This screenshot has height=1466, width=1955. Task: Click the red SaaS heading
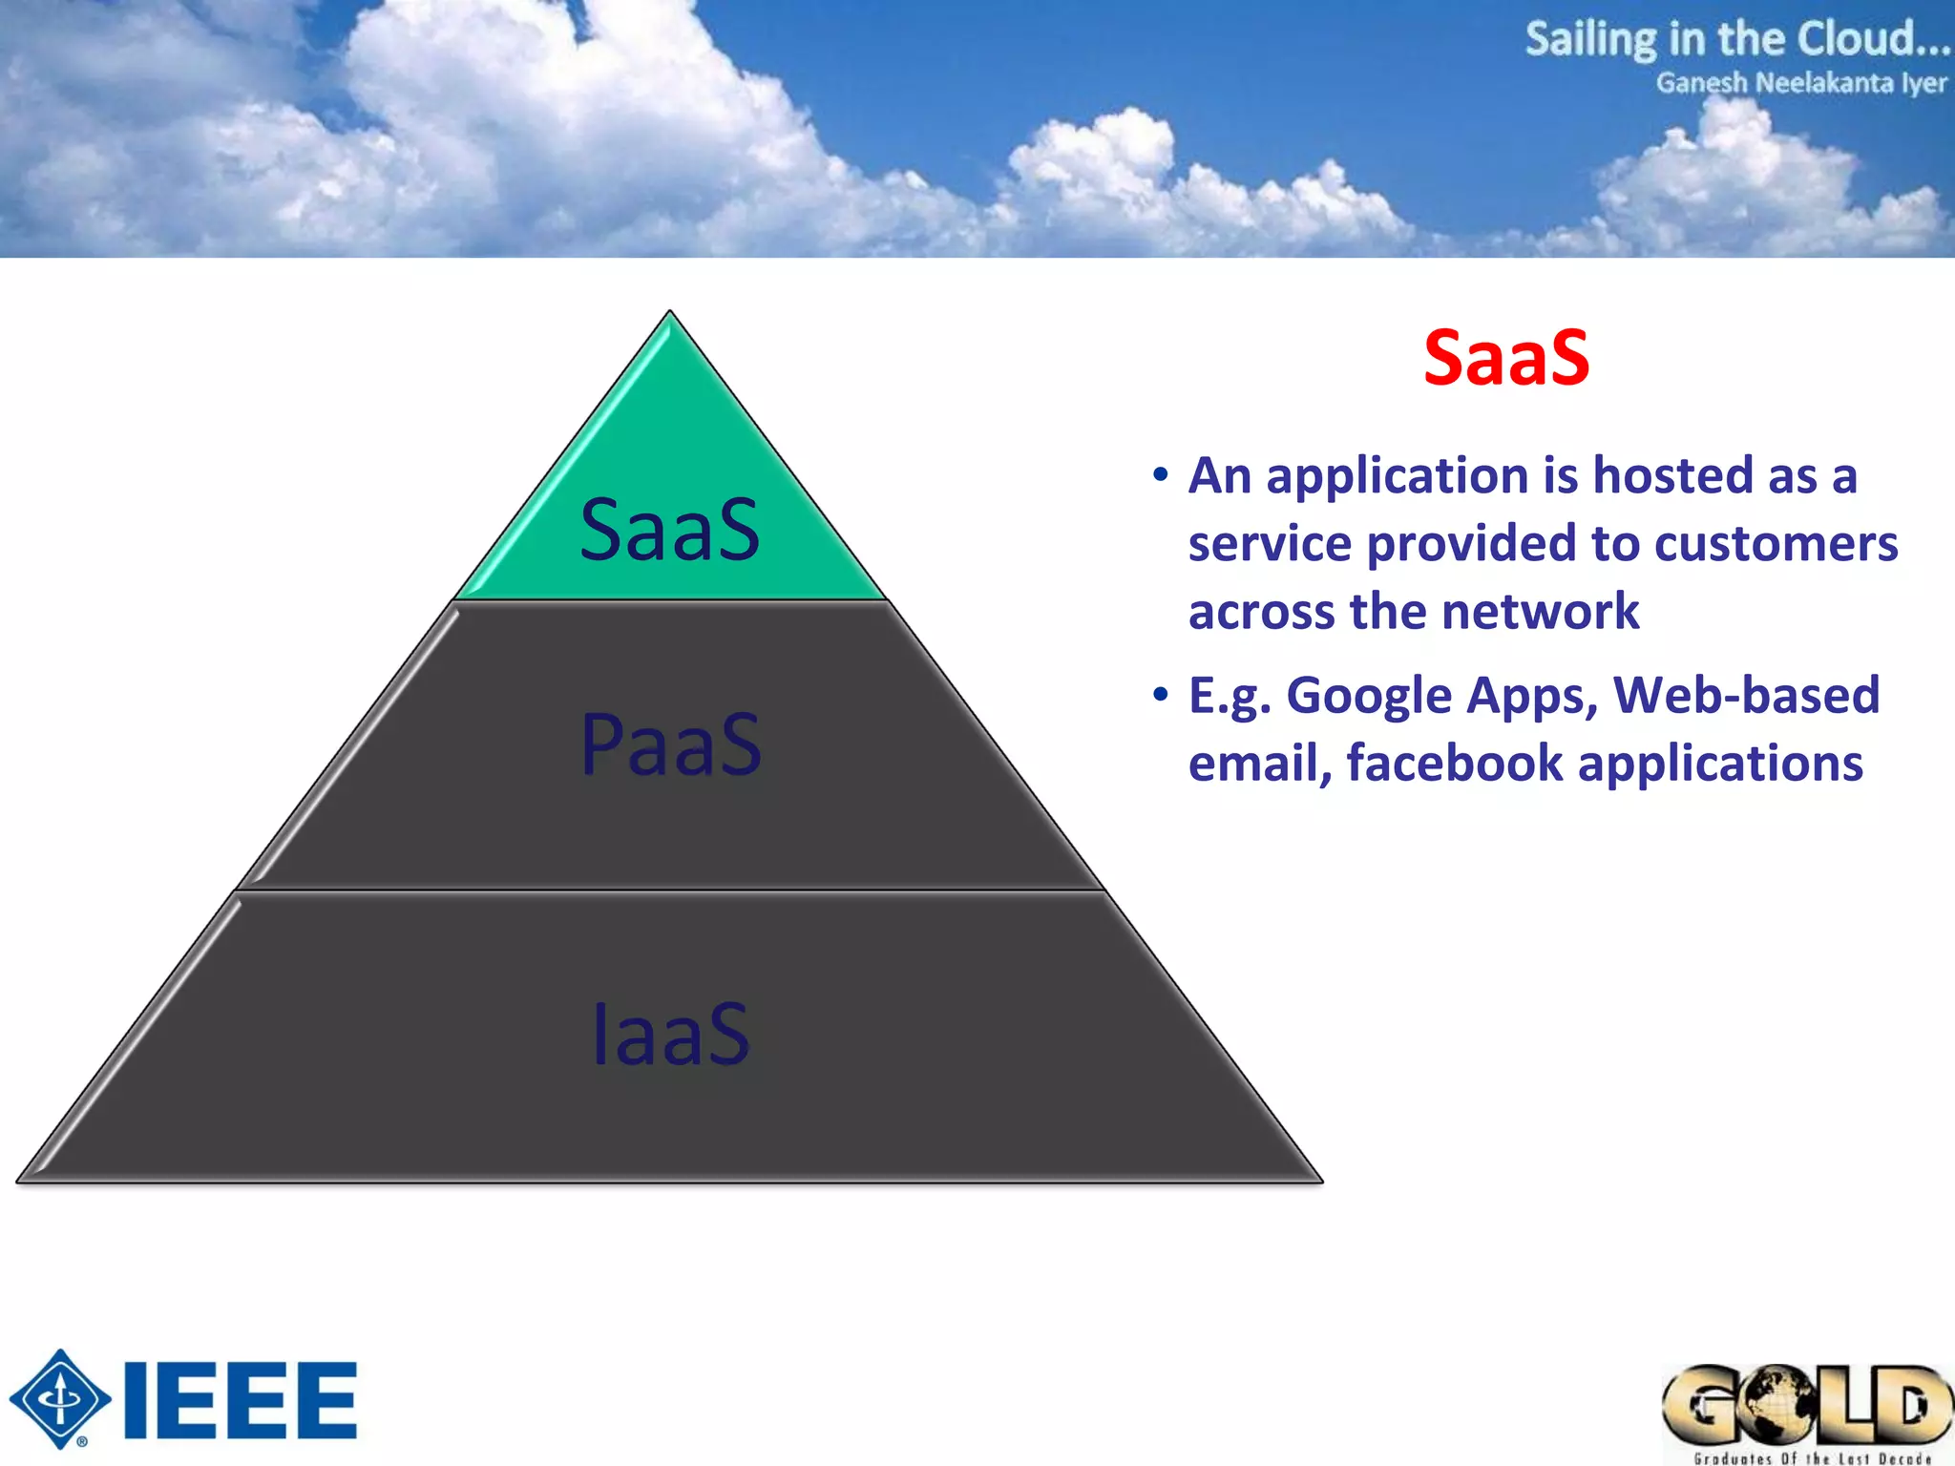(1506, 358)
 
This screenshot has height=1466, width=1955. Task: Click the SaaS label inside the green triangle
(669, 531)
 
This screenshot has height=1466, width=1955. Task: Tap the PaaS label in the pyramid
(671, 745)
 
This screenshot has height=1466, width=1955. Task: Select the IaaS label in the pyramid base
(671, 1035)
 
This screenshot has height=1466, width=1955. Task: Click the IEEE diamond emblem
(60, 1399)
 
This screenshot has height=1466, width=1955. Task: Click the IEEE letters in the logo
(241, 1400)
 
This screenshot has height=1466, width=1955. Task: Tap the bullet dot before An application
(1160, 474)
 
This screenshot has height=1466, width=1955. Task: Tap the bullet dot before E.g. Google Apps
(1160, 695)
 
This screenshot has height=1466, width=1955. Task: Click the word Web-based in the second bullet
(1746, 695)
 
